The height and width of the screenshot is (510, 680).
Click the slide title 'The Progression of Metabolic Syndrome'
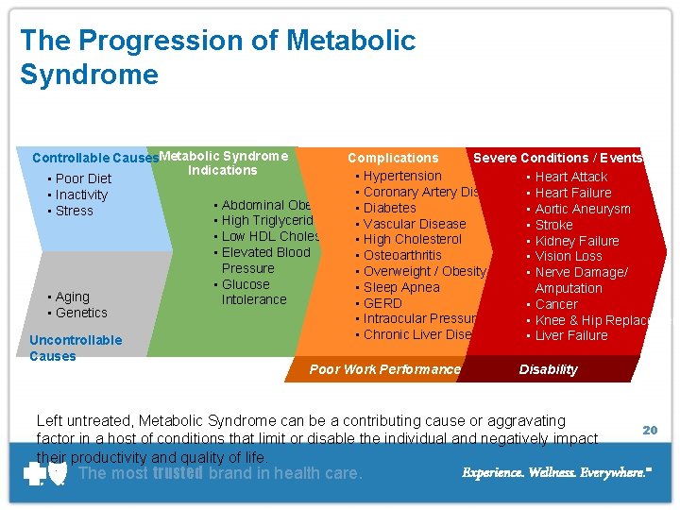217,57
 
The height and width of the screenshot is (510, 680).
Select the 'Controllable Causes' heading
94,158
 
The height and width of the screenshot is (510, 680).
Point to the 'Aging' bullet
73,297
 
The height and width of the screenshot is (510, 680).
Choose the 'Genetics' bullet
81,313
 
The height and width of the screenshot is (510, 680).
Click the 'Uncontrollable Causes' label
76,348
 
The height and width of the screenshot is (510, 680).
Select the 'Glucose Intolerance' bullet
250,292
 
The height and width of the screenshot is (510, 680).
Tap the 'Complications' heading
393,158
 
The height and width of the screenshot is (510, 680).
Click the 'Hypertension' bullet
402,176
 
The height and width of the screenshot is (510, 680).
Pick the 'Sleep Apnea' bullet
401,287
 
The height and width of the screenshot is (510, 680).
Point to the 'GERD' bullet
382,303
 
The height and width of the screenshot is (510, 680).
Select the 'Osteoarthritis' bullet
402,255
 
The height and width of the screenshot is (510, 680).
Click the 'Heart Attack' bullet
571,177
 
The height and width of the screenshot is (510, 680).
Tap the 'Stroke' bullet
553,225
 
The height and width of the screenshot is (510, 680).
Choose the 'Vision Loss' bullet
569,257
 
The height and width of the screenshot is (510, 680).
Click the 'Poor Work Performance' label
385,369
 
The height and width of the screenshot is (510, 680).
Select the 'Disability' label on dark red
548,369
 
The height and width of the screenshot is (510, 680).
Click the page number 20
650,430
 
